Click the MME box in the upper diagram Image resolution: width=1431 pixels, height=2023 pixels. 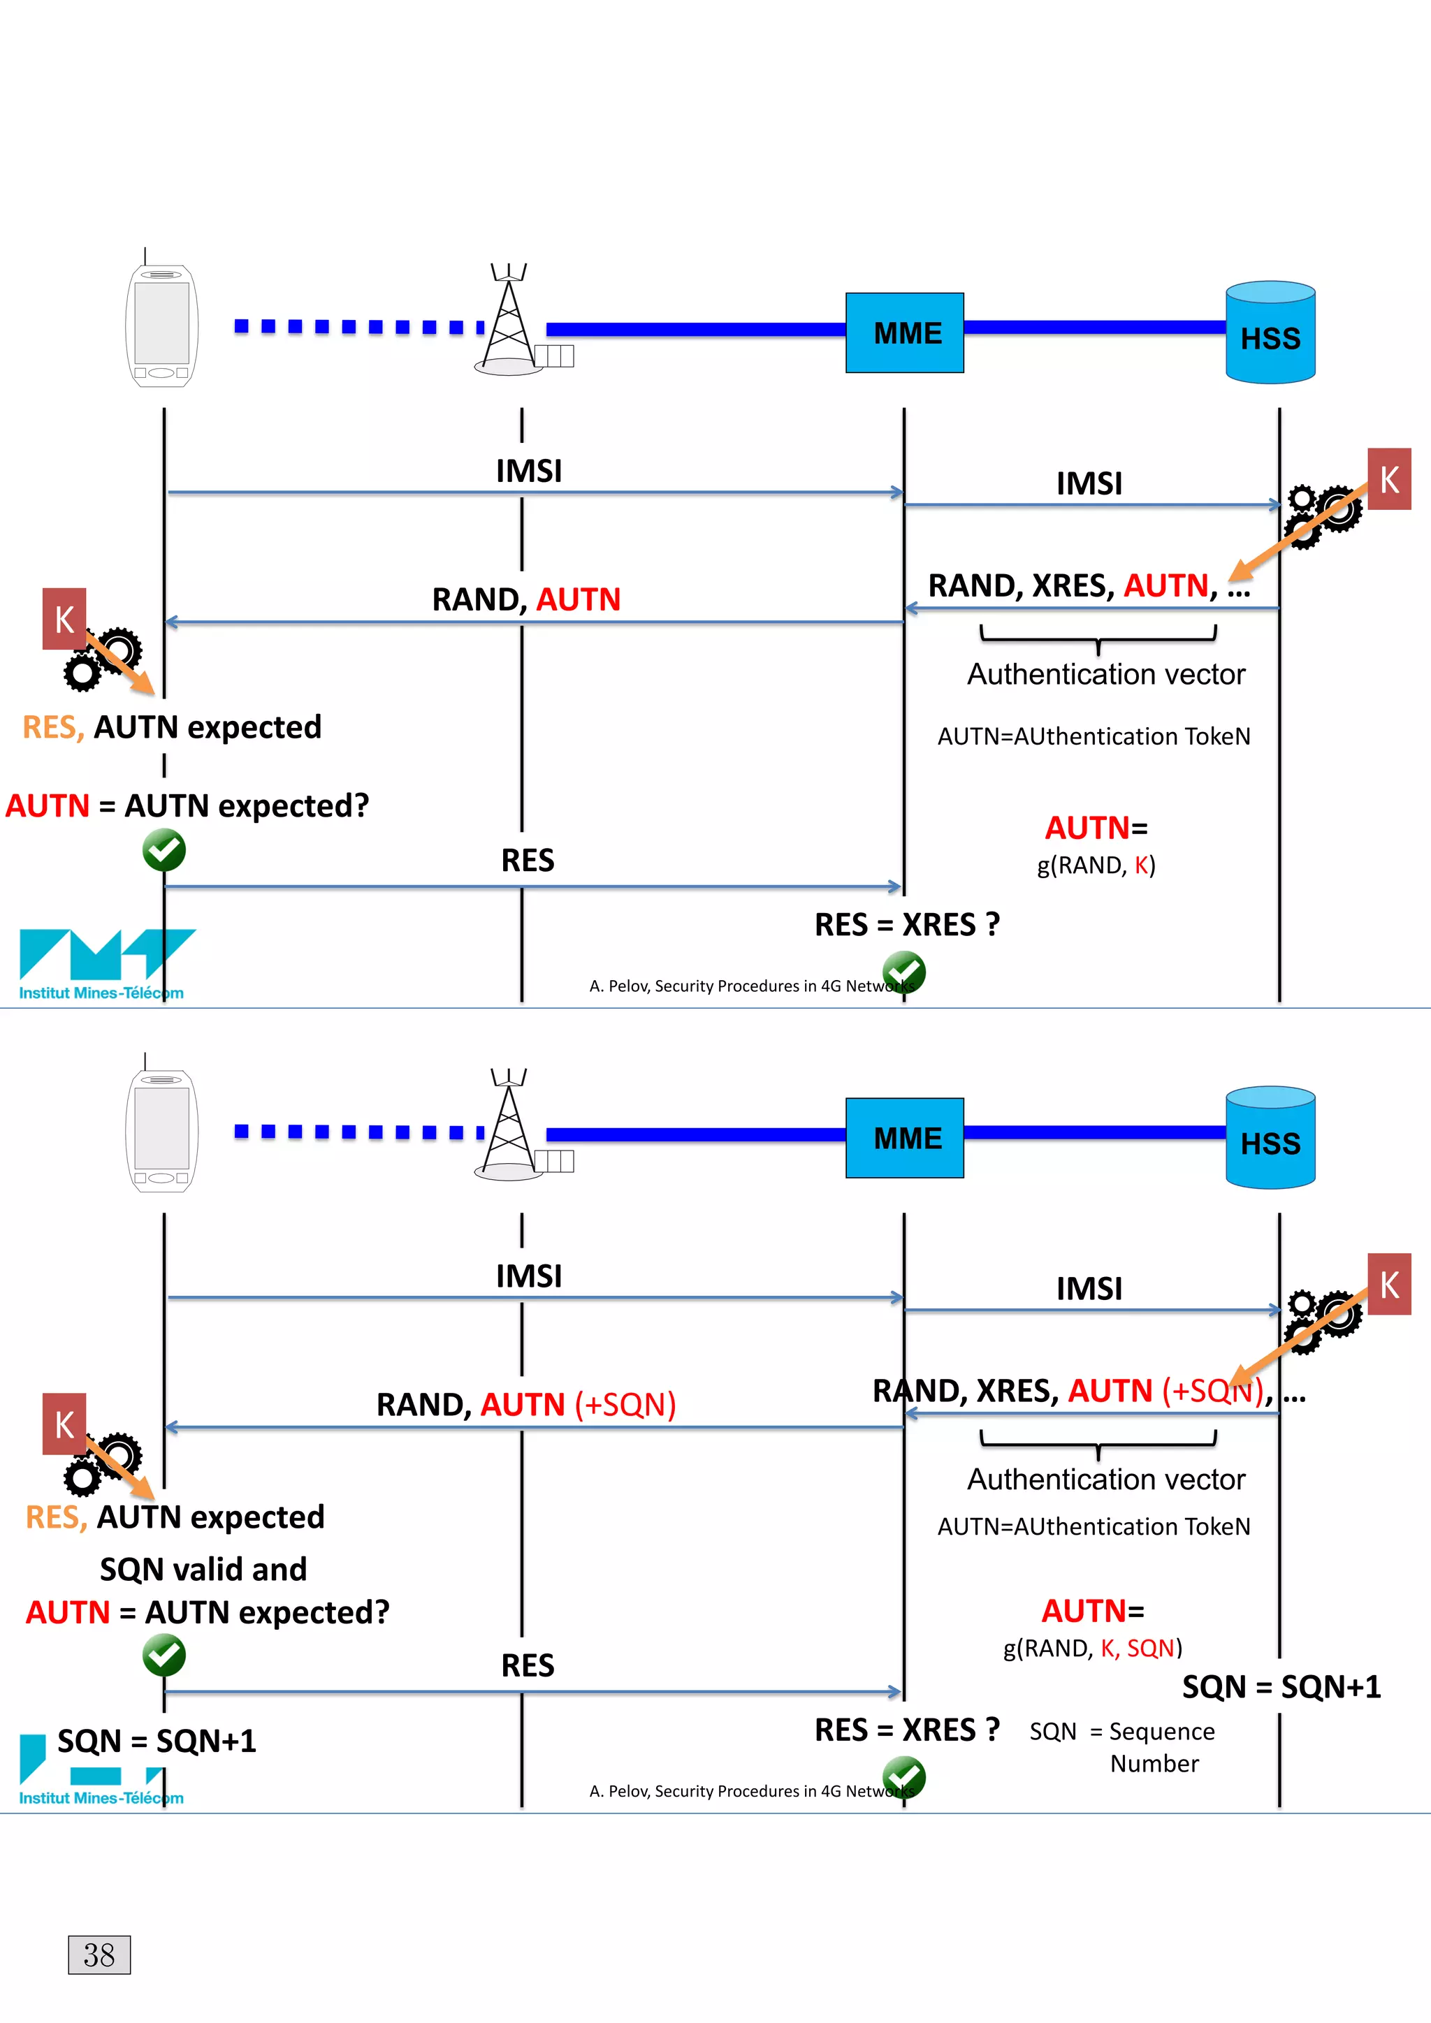tap(904, 333)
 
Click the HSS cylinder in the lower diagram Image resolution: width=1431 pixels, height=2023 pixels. tap(1270, 1139)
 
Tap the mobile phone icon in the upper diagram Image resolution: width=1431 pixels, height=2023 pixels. tap(161, 325)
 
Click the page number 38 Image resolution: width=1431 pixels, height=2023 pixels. tap(99, 1955)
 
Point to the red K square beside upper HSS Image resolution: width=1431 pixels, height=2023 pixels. tap(1388, 479)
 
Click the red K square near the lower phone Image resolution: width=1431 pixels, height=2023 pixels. tap(64, 1424)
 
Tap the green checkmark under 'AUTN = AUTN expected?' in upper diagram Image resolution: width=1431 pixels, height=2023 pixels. tap(164, 850)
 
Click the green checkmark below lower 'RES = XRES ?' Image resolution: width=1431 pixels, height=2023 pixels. tap(904, 1776)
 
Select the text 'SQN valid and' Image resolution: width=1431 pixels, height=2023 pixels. tap(203, 1568)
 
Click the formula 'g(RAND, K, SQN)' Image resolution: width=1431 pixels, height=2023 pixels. tap(1093, 1648)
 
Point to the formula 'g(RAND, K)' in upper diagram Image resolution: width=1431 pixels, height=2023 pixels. tap(1096, 866)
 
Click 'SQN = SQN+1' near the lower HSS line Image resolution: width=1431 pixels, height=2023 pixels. tap(1281, 1686)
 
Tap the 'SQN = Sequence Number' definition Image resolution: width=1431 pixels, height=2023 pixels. tap(1121, 1746)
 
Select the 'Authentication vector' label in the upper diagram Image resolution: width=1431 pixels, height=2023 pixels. tap(1106, 674)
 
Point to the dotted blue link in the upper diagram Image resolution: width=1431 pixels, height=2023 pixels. tap(357, 327)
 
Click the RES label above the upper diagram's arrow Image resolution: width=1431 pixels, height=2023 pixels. tap(527, 860)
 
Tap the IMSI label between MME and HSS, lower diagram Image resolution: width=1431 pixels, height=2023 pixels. tap(1089, 1288)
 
